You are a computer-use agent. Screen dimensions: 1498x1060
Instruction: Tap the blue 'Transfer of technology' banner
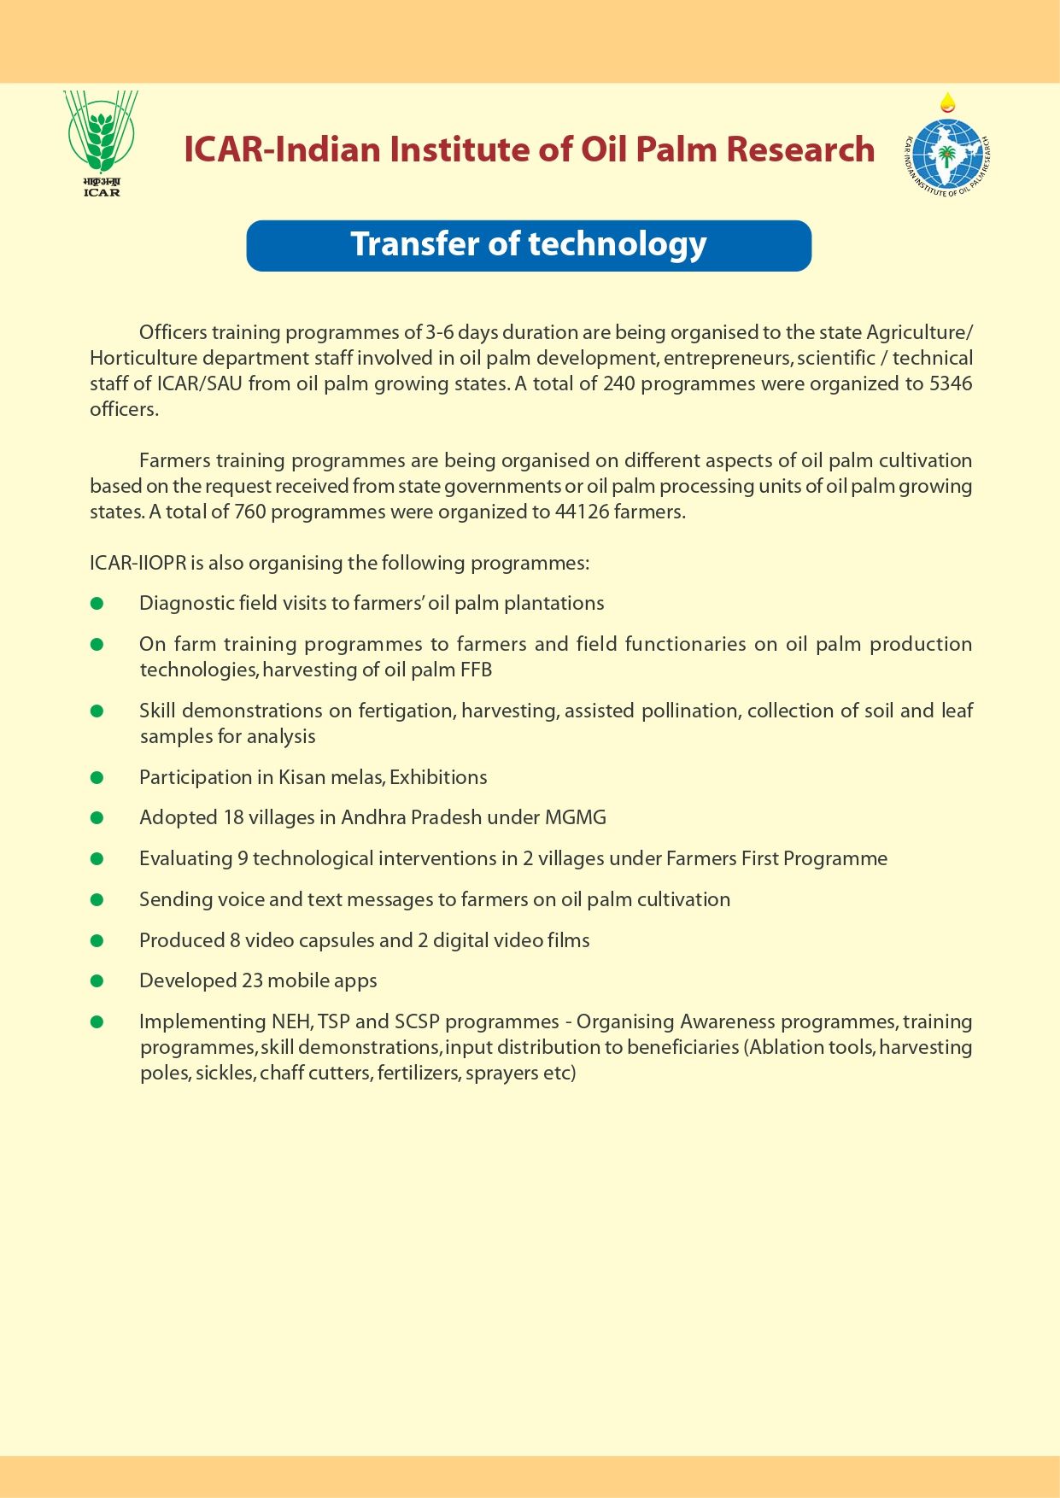click(529, 245)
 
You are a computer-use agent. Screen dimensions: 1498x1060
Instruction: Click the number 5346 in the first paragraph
click(951, 383)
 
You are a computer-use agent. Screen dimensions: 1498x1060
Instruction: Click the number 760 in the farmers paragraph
click(250, 512)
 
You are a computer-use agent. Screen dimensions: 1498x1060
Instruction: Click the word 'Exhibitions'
click(438, 777)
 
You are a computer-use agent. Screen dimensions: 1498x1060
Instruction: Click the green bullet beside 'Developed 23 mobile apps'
click(97, 980)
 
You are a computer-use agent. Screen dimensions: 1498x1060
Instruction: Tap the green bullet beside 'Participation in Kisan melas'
click(97, 777)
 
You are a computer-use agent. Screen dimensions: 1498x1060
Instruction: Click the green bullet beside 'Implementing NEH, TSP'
click(97, 1021)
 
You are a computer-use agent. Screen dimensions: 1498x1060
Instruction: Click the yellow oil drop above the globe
click(947, 103)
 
